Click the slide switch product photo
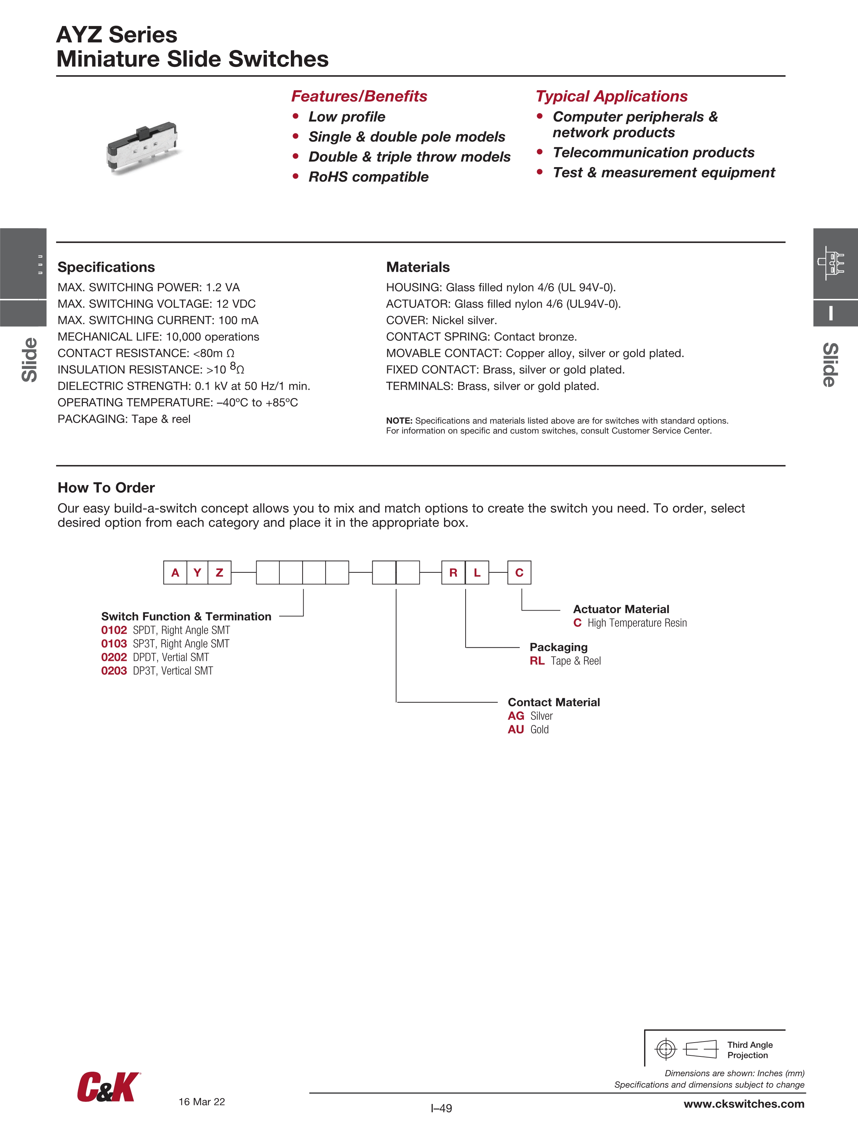[143, 147]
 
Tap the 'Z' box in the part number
[219, 573]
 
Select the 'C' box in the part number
[519, 573]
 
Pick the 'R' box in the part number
[453, 573]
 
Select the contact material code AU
[515, 729]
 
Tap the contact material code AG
[515, 716]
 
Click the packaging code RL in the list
[537, 661]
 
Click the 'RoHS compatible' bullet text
[368, 177]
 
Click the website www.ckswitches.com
[744, 1104]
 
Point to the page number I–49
[441, 1108]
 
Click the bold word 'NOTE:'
[399, 421]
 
